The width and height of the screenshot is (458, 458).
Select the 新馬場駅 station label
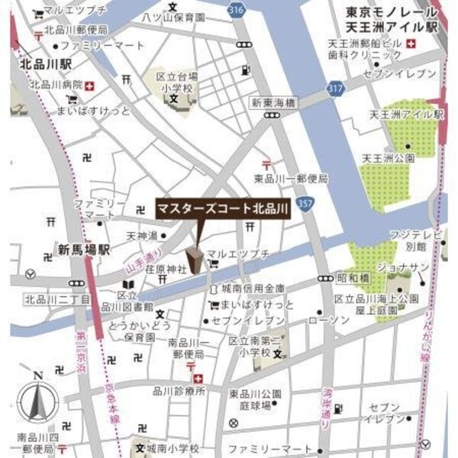pyautogui.click(x=83, y=249)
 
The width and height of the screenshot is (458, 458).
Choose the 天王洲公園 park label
pyautogui.click(x=388, y=157)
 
